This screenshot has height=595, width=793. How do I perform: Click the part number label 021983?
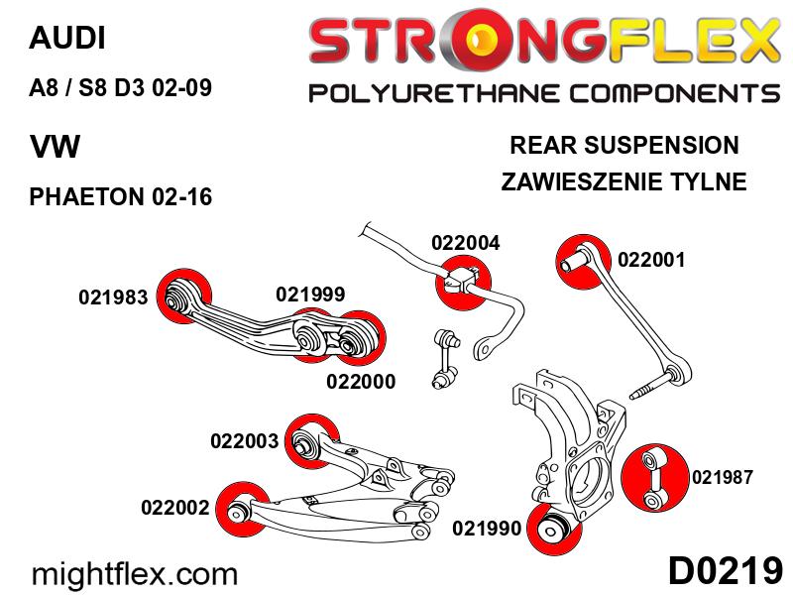[113, 297]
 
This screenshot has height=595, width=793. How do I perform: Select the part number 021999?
[310, 294]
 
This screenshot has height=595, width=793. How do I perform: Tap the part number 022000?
[361, 381]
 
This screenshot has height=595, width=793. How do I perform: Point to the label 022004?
[465, 243]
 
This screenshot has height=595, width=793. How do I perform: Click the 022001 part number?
[651, 261]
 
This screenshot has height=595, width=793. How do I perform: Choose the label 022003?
[245, 441]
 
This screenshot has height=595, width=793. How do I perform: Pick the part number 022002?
[175, 508]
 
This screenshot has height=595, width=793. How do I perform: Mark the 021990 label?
[487, 529]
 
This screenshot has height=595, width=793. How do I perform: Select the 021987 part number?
[722, 478]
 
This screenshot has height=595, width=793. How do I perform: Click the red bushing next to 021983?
[182, 296]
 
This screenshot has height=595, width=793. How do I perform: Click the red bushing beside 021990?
[554, 529]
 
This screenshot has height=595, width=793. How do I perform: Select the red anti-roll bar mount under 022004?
[464, 280]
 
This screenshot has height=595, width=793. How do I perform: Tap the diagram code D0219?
[725, 572]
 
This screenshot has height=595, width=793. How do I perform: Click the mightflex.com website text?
[136, 573]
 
